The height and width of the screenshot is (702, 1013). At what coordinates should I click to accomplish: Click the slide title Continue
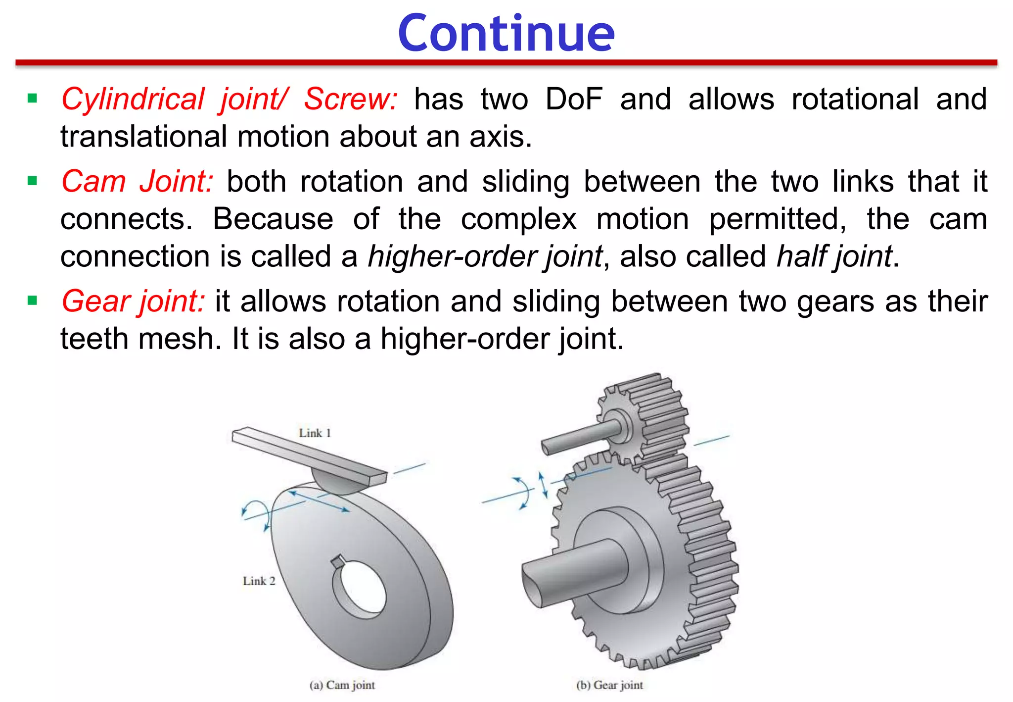506,34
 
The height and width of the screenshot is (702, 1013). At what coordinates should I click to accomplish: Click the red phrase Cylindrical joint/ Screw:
229,99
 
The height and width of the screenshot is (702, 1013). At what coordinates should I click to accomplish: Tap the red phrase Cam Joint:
137,181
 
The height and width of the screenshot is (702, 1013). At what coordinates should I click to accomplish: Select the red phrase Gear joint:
133,301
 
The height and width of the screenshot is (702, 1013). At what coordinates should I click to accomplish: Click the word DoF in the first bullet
574,99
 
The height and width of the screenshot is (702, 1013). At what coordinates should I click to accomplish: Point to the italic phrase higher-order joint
485,256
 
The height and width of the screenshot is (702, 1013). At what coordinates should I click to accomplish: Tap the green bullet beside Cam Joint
33,180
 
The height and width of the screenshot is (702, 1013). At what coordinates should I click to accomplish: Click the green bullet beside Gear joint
33,300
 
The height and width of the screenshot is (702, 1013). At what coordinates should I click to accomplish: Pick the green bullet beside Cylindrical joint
33,98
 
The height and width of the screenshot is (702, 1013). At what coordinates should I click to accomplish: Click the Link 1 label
315,433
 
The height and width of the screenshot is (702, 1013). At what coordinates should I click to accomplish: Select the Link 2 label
259,581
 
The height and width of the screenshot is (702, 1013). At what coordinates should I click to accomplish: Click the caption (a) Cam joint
342,685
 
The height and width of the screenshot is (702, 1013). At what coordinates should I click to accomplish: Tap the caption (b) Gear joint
609,685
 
